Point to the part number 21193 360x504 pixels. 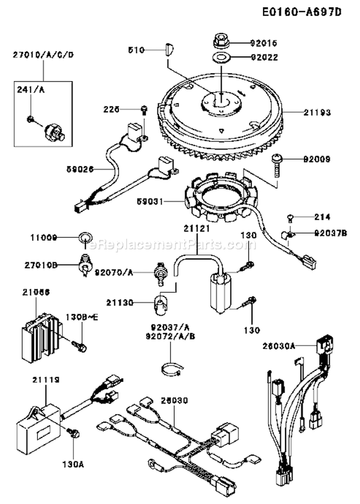click(x=316, y=112)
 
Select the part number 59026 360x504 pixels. click(x=80, y=169)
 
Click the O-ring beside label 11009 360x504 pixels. click(x=85, y=237)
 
